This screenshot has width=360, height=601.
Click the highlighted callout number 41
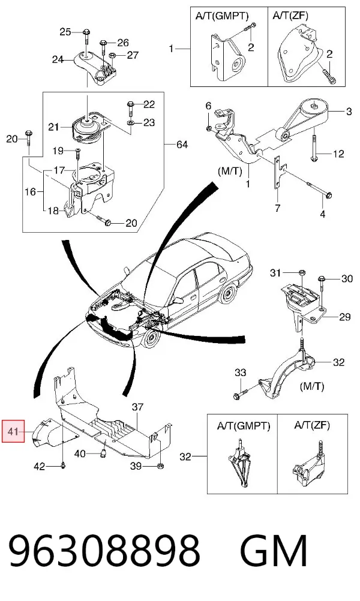click(x=13, y=432)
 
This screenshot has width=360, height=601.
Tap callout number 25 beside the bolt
click(x=65, y=32)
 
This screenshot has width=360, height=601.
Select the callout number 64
click(x=182, y=145)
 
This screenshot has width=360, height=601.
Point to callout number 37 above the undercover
click(x=137, y=407)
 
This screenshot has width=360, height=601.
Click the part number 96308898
click(x=104, y=551)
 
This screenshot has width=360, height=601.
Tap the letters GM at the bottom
click(x=274, y=551)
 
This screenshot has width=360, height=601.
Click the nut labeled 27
click(x=113, y=56)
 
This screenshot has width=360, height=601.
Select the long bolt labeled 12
click(x=314, y=146)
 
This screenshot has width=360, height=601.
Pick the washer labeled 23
click(x=131, y=122)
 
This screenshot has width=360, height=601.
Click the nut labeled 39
click(x=161, y=466)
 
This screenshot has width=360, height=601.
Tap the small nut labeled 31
click(x=301, y=273)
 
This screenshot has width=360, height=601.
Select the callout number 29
click(x=345, y=317)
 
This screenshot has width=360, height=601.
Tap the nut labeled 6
click(x=209, y=127)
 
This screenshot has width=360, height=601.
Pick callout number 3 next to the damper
click(x=349, y=112)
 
